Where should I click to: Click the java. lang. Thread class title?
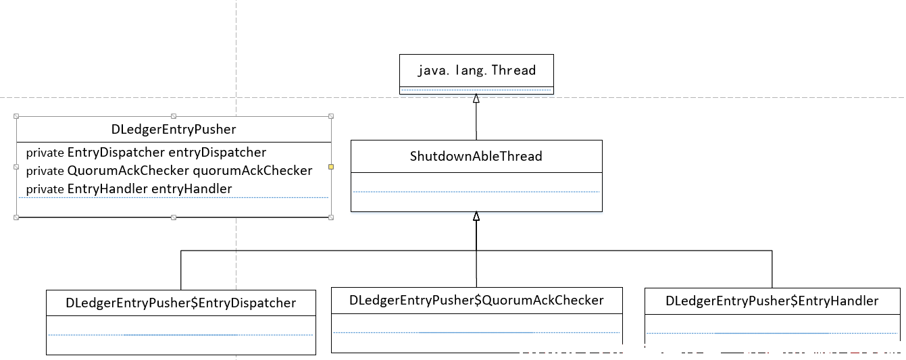pyautogui.click(x=477, y=70)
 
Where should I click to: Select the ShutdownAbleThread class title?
pyautogui.click(x=476, y=156)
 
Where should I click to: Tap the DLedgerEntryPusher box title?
pyautogui.click(x=174, y=129)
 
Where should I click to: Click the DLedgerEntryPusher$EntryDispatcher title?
pyautogui.click(x=181, y=303)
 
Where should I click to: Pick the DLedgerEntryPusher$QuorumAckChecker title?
pyautogui.click(x=476, y=300)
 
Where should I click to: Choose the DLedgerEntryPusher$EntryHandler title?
pyautogui.click(x=772, y=301)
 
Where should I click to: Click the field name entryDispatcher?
pyautogui.click(x=217, y=153)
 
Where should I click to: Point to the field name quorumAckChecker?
pyautogui.click(x=253, y=171)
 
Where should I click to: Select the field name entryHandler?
pyautogui.click(x=192, y=189)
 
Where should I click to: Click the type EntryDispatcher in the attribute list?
pyautogui.click(x=116, y=153)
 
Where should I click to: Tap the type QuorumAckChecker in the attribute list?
pyautogui.click(x=128, y=171)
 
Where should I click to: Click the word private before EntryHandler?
pyautogui.click(x=45, y=189)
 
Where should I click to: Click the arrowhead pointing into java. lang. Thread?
pyautogui.click(x=476, y=99)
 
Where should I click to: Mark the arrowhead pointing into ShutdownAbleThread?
pyautogui.click(x=476, y=216)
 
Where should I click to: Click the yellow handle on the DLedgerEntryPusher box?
pyautogui.click(x=331, y=167)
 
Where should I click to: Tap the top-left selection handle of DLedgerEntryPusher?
pyautogui.click(x=16, y=116)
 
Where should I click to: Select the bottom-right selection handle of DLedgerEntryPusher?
pyautogui.click(x=331, y=217)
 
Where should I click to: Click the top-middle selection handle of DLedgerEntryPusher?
pyautogui.click(x=174, y=116)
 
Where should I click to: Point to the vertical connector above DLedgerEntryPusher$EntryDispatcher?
pyautogui.click(x=181, y=270)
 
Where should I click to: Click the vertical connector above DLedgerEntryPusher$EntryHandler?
pyautogui.click(x=772, y=269)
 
